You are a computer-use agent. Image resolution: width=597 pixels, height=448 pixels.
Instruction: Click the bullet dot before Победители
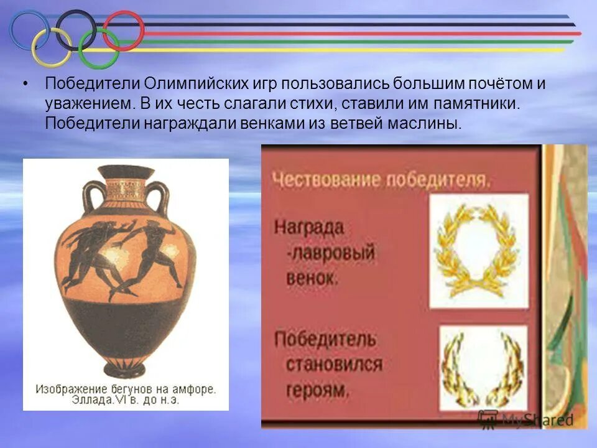(25, 84)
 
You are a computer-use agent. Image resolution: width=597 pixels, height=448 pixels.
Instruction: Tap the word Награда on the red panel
(309, 226)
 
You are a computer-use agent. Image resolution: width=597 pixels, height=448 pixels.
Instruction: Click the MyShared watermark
(525, 419)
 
